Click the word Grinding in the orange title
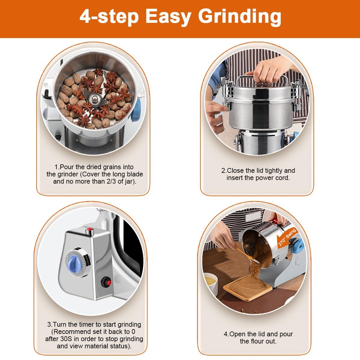[240, 17]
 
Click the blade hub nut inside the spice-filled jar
[95, 98]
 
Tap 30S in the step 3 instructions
[66, 339]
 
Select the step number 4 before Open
[226, 334]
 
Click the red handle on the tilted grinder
[275, 221]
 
